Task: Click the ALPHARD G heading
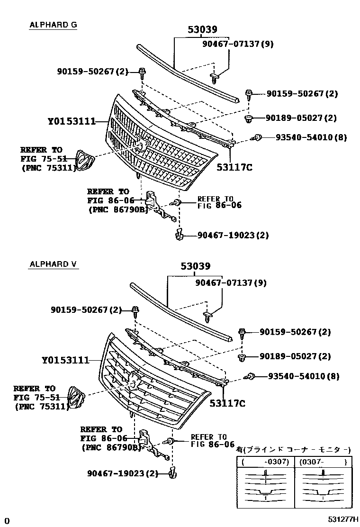[53, 25]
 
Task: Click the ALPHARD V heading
[53, 264]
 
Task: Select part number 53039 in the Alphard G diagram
[202, 30]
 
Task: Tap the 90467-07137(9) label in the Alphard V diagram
[231, 283]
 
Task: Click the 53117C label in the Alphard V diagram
[228, 403]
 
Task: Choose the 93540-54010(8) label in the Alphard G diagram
[311, 137]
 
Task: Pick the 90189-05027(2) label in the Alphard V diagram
[295, 356]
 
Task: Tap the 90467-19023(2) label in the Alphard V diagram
[122, 473]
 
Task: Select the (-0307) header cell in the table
[264, 462]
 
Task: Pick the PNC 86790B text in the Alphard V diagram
[111, 446]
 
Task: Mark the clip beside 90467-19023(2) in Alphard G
[179, 234]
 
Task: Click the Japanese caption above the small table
[294, 449]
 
